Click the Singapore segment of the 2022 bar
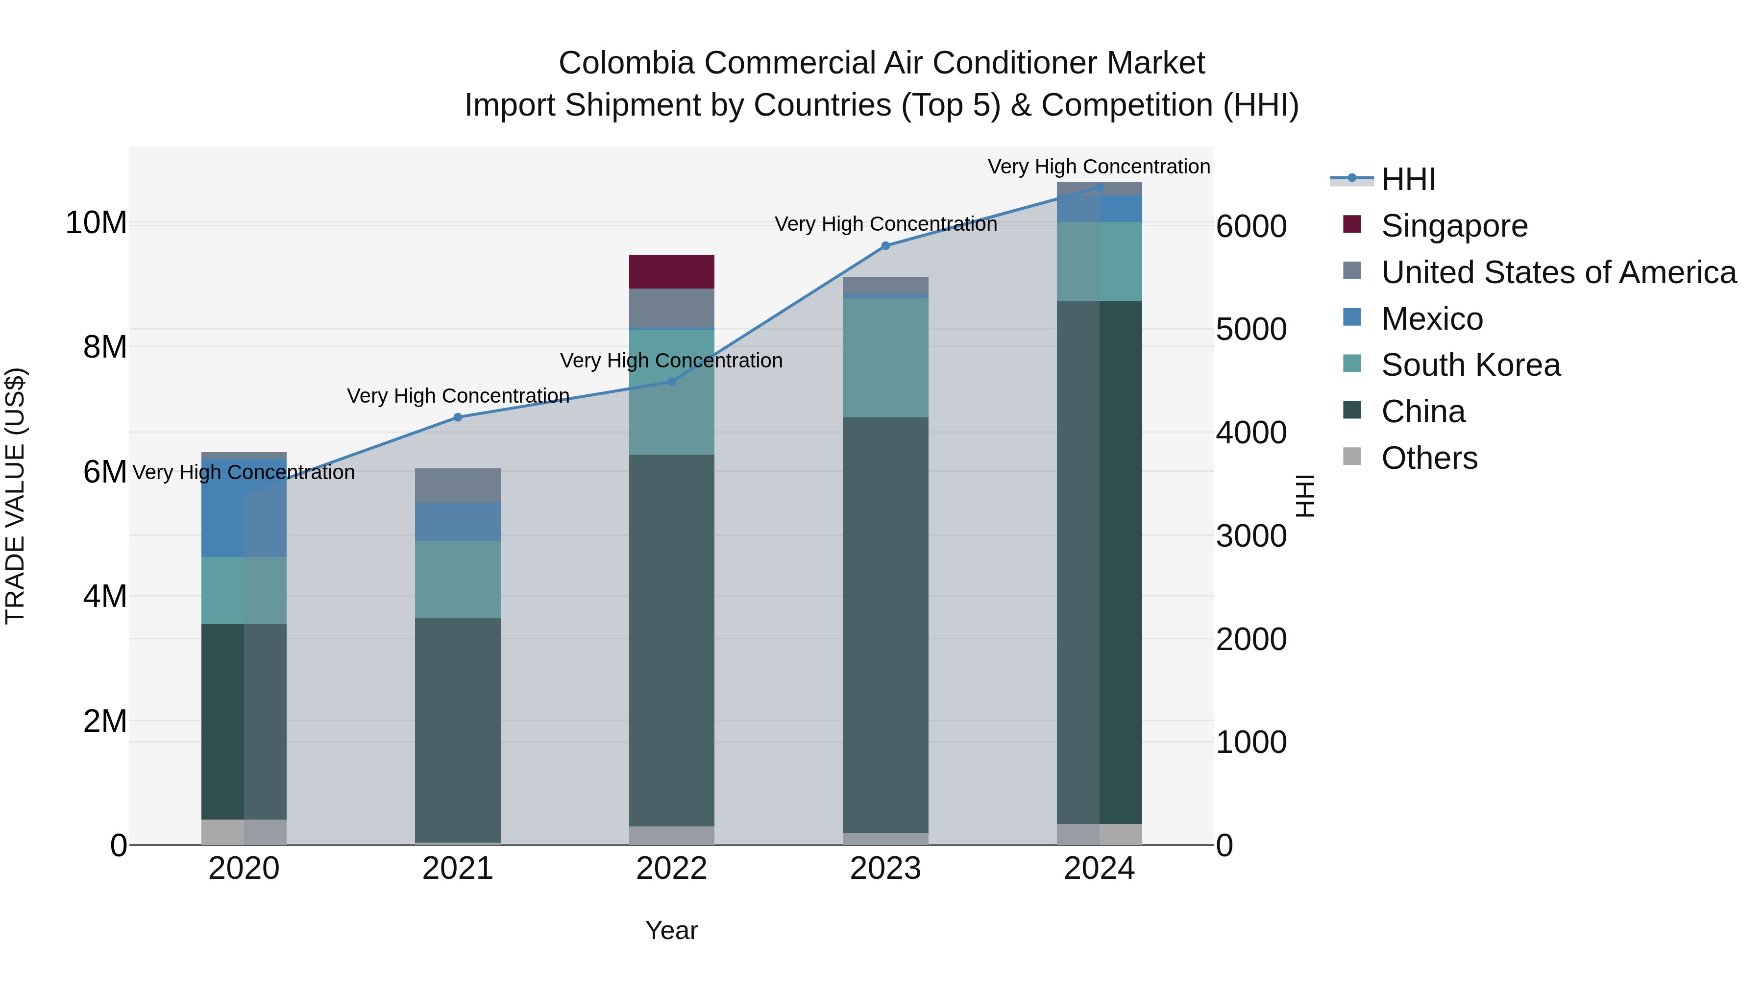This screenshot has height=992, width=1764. click(671, 272)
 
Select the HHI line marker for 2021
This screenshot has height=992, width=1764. click(458, 417)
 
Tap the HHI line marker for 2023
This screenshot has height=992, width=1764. click(885, 245)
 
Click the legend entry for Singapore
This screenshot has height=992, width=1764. click(1454, 226)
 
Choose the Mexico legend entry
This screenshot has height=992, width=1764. click(1431, 319)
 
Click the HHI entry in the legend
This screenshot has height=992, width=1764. click(1407, 179)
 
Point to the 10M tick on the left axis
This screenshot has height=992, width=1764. click(96, 223)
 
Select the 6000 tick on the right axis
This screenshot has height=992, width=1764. click(1251, 227)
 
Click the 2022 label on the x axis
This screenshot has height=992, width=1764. click(671, 869)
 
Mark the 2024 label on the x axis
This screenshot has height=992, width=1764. click(1099, 869)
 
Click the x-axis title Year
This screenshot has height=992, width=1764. click(671, 930)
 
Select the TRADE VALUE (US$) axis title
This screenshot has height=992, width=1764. click(15, 496)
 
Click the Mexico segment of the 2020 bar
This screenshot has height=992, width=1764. click(244, 508)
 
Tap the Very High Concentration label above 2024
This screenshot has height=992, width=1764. click(1099, 167)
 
